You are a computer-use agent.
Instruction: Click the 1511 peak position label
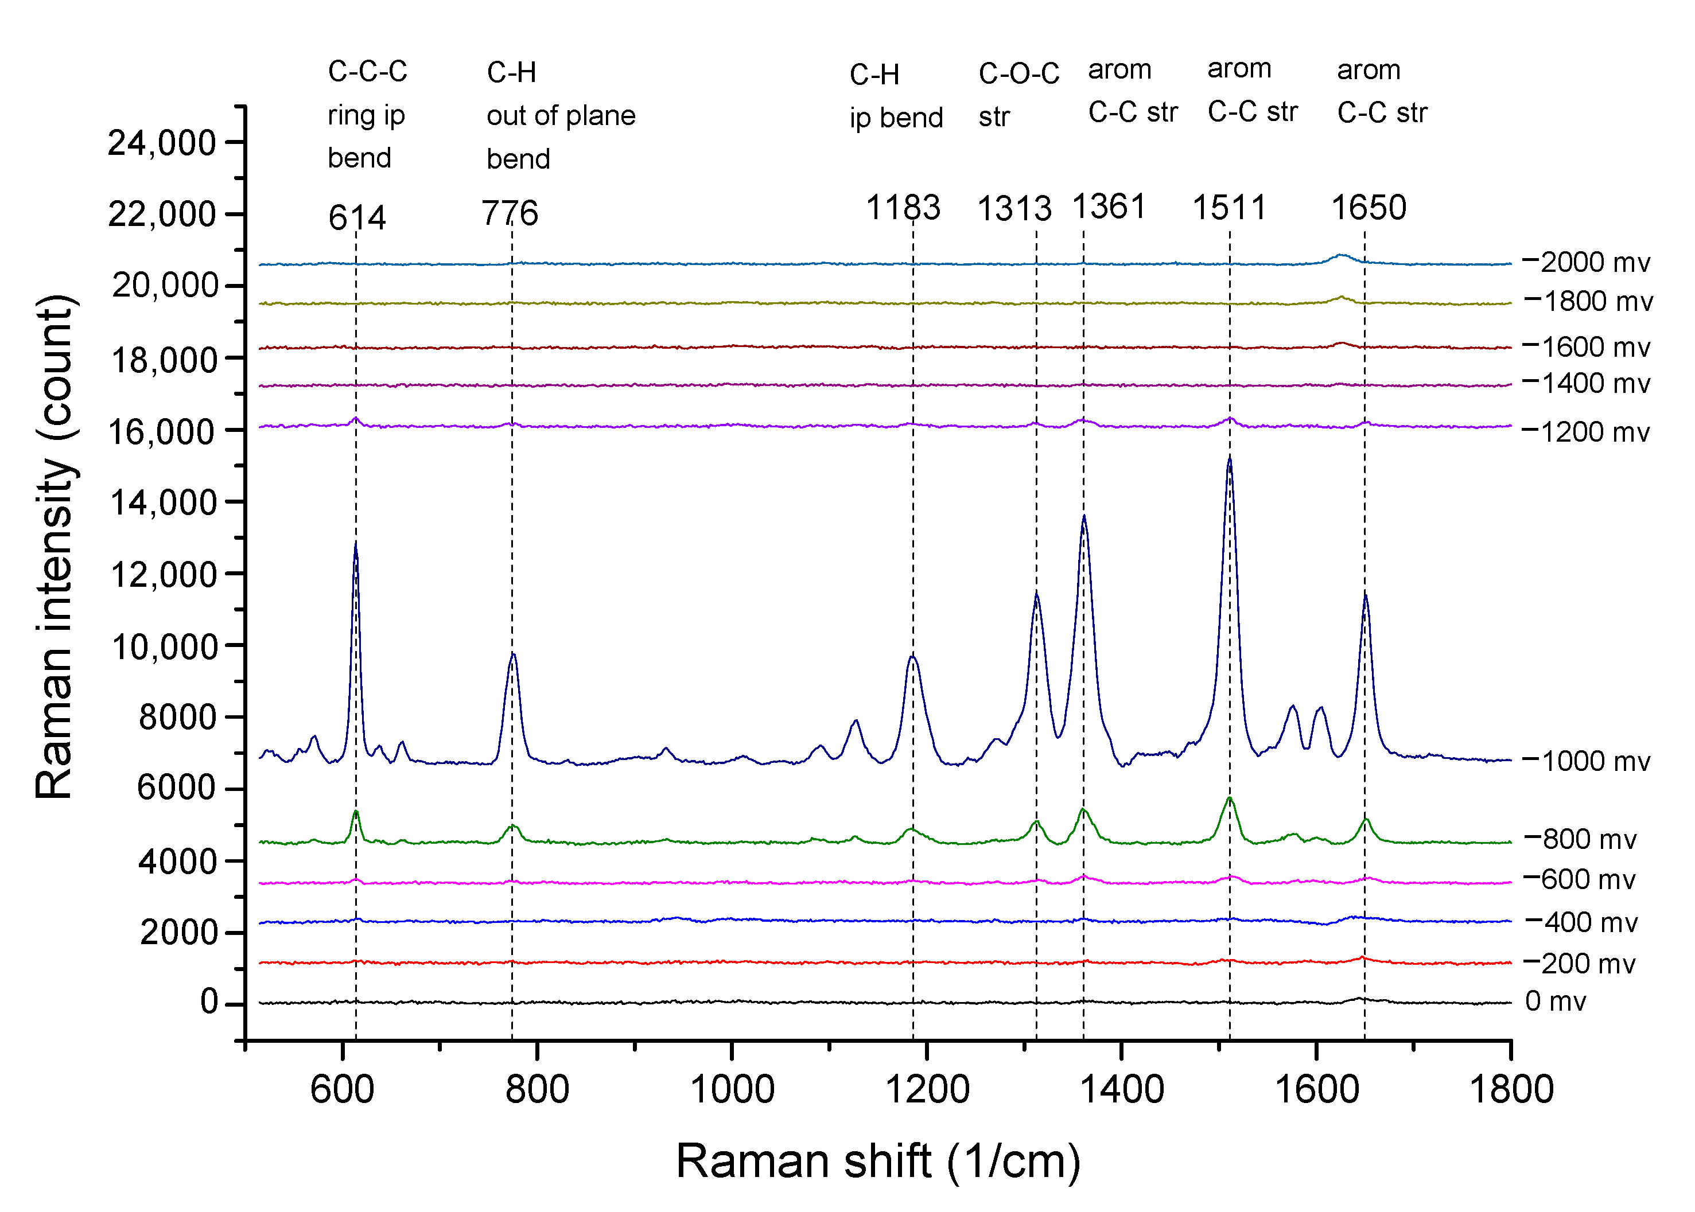[1229, 208]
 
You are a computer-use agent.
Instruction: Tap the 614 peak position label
[357, 218]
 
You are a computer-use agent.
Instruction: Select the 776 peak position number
[510, 213]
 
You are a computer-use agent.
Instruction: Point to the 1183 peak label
[903, 208]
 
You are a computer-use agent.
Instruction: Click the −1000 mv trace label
[1585, 761]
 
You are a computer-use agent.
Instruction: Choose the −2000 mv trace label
[1585, 263]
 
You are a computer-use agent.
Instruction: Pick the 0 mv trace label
[1556, 1001]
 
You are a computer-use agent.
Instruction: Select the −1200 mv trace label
[1585, 432]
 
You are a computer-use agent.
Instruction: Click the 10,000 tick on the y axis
[164, 646]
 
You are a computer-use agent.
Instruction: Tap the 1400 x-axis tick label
[1122, 1089]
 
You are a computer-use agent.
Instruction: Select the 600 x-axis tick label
[343, 1089]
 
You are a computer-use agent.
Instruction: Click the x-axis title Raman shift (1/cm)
[878, 1162]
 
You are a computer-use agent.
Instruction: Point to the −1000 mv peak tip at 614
[356, 545]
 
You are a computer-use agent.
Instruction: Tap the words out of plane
[561, 116]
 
